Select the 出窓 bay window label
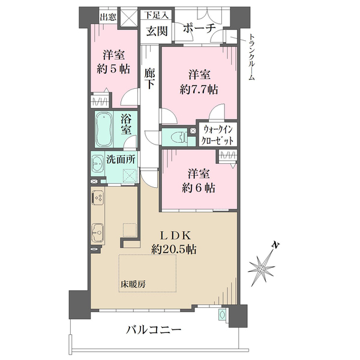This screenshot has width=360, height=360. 108,17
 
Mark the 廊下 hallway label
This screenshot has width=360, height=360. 149,79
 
